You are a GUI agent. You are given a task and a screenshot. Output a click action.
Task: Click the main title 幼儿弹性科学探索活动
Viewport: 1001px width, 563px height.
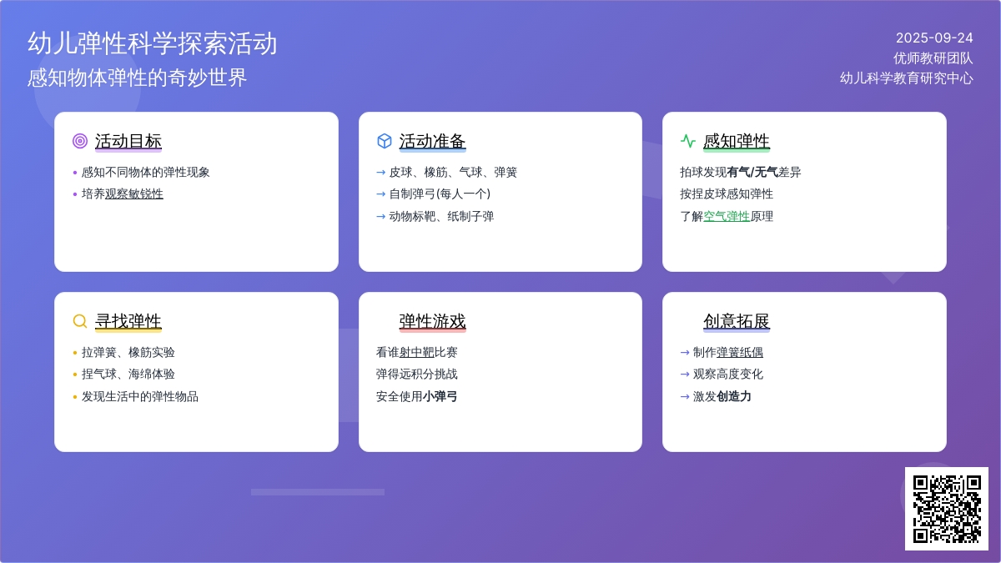point(153,43)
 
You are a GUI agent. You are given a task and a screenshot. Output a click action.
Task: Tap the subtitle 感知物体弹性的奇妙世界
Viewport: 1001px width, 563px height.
point(137,78)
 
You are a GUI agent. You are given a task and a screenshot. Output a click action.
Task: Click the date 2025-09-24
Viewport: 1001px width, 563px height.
point(934,38)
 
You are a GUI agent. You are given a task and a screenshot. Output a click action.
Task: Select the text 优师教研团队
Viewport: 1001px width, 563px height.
point(933,58)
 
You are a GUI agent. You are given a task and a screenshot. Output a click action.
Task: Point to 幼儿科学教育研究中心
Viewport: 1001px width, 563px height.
point(906,78)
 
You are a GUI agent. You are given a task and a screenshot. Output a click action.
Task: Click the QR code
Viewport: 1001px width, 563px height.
point(947,509)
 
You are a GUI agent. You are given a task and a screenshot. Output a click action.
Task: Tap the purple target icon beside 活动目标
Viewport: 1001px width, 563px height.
point(80,141)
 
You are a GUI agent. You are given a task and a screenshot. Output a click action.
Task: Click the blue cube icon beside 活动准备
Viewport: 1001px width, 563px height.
point(385,141)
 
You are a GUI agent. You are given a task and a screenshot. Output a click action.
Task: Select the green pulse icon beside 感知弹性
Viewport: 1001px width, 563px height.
point(688,141)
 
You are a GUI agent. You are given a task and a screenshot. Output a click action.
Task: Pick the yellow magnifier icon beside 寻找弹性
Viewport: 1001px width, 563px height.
point(80,321)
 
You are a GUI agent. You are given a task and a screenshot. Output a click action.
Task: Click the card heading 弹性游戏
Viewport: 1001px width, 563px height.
point(432,321)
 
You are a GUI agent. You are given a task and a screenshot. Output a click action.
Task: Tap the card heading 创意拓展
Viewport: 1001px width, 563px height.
point(737,321)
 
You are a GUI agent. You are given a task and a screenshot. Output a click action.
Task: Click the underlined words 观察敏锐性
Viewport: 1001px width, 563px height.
point(134,194)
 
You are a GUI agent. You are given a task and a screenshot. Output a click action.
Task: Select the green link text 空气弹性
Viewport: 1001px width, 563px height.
point(727,216)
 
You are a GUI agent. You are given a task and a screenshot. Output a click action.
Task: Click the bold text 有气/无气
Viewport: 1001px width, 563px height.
point(752,172)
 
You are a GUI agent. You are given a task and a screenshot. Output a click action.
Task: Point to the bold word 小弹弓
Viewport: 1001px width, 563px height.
point(440,396)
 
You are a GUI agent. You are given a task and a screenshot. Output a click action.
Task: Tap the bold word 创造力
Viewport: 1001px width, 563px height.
point(734,396)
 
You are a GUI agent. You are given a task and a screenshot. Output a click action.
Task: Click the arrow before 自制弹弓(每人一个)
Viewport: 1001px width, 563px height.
point(380,194)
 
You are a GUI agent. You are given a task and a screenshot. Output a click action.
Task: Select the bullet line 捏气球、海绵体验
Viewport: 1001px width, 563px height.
point(128,374)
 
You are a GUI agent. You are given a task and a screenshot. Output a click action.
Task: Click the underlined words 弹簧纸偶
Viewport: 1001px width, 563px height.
point(740,352)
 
